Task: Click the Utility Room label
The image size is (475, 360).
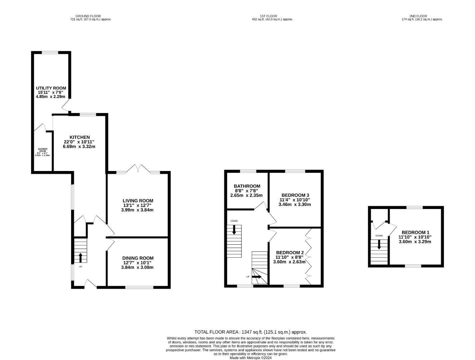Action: [x=51, y=88]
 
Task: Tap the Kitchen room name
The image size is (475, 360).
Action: [x=80, y=137]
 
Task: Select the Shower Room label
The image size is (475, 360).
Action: [x=43, y=150]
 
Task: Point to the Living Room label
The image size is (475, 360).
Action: [x=138, y=201]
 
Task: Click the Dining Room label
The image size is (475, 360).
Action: [x=138, y=258]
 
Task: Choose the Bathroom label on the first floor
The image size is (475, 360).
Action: [x=247, y=186]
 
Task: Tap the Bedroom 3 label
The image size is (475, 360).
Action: [x=295, y=195]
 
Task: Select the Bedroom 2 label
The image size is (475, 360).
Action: [x=290, y=253]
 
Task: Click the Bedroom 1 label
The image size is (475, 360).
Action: [x=416, y=233]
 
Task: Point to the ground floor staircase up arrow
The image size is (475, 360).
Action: [x=80, y=258]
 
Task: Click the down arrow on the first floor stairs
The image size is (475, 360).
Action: [x=234, y=230]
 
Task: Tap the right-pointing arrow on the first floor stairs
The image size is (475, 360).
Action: [x=257, y=277]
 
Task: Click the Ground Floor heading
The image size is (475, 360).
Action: [x=88, y=16]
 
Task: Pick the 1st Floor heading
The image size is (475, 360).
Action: [x=268, y=16]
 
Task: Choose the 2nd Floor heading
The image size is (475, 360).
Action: [x=418, y=16]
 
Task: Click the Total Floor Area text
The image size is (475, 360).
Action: [x=251, y=332]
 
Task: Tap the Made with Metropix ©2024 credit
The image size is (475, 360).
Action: [x=251, y=358]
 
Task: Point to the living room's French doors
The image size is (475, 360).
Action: [x=138, y=169]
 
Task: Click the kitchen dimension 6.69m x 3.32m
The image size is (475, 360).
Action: [x=79, y=147]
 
